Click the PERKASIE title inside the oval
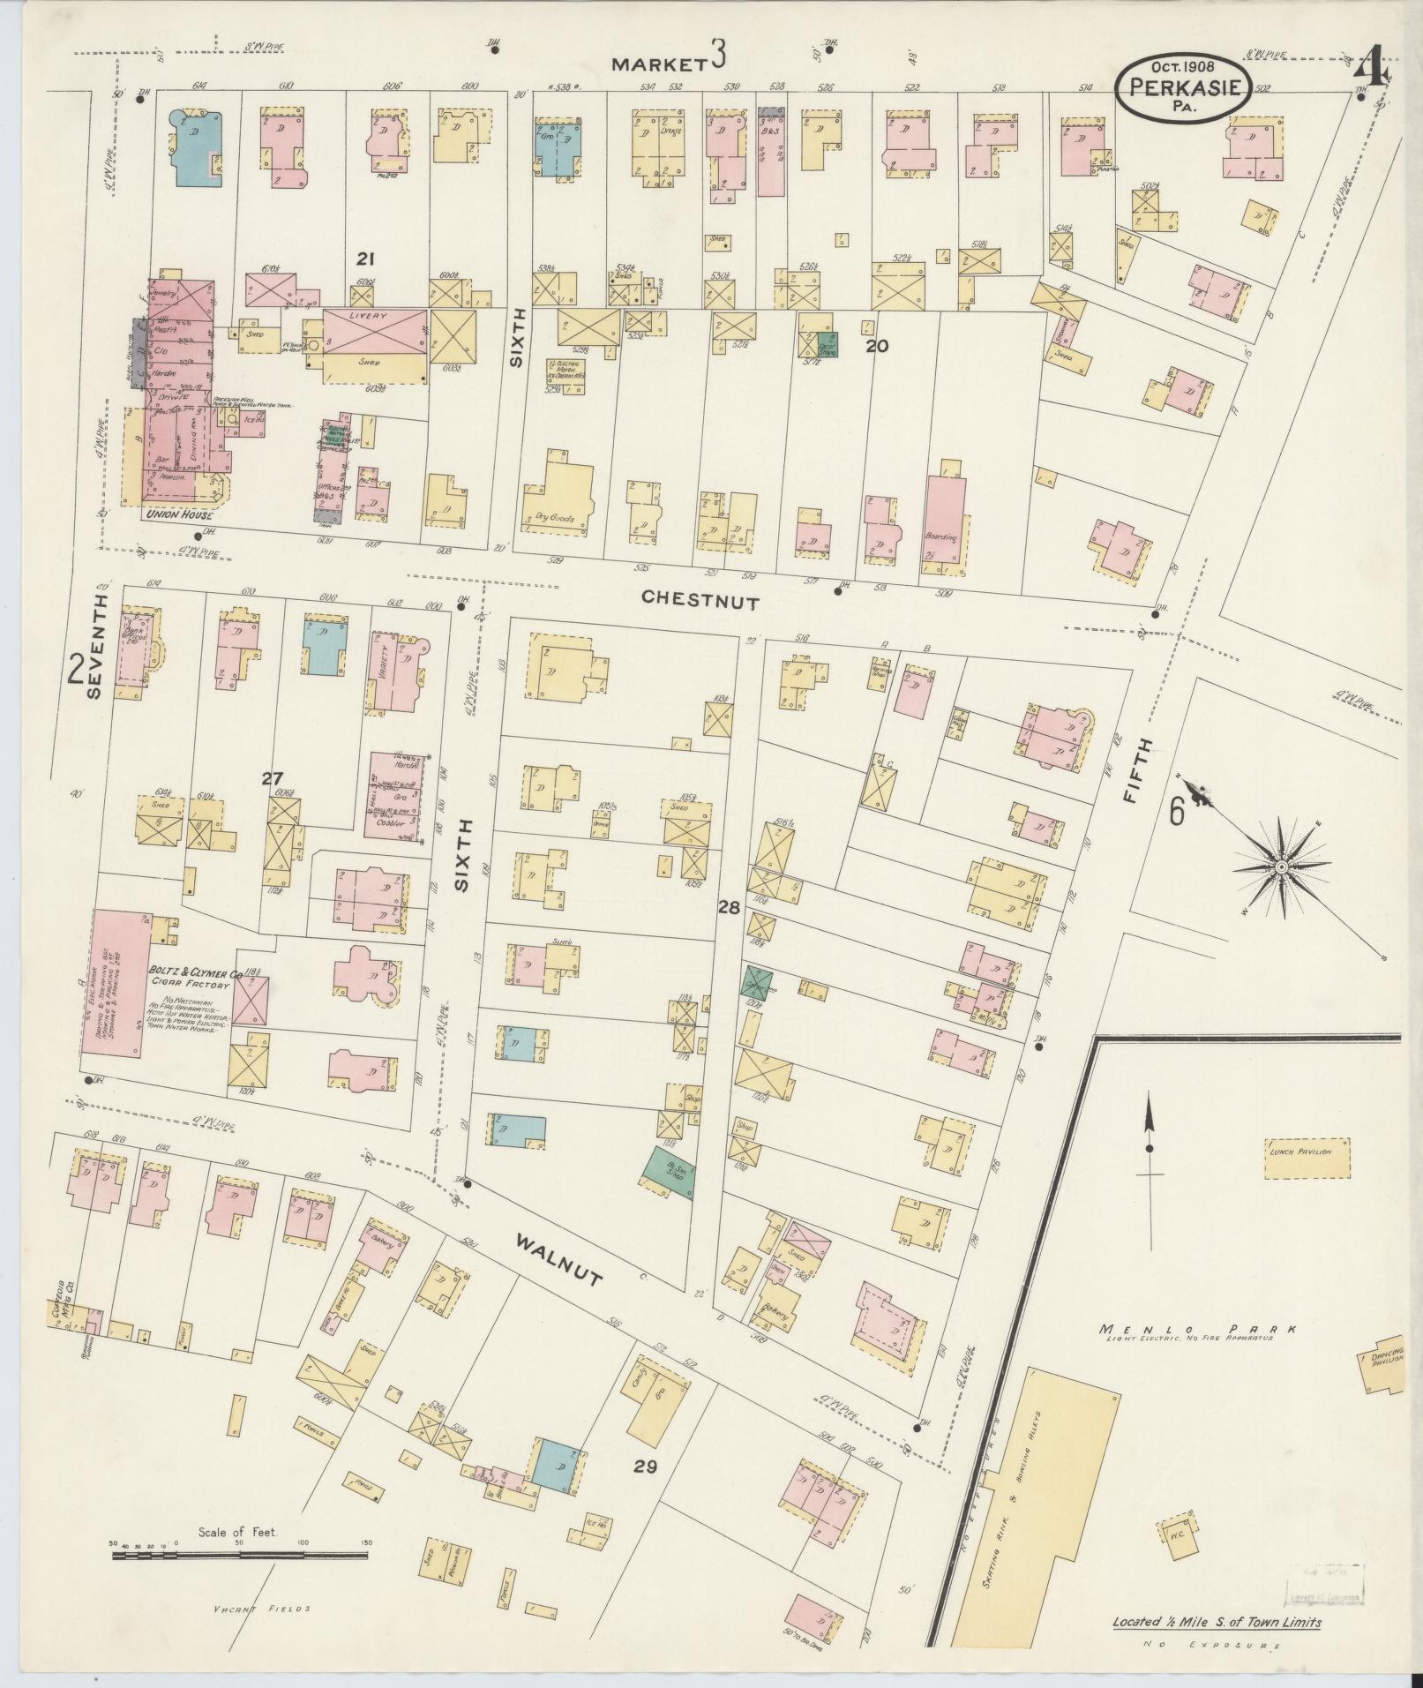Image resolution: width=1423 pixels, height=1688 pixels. (1182, 87)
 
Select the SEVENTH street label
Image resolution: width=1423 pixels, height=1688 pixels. (96, 646)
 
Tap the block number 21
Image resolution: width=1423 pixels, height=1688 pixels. (366, 259)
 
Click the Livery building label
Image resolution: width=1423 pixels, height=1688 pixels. (374, 316)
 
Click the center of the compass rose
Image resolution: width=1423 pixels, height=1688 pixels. (1280, 868)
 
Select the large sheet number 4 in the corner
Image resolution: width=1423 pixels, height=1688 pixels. (1371, 65)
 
